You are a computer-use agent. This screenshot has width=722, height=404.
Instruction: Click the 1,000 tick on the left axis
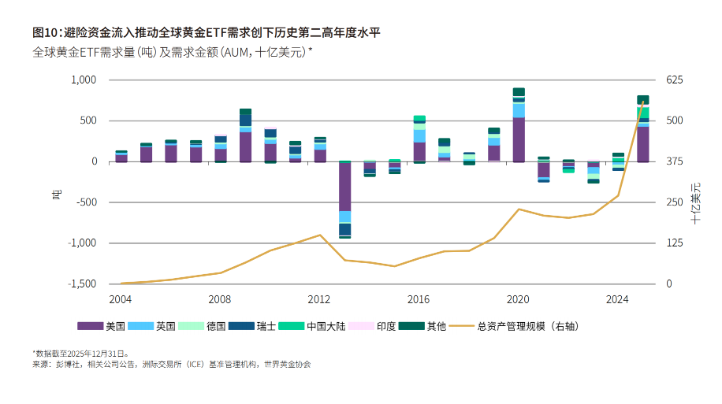83,80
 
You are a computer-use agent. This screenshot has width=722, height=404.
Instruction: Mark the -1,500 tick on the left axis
81,284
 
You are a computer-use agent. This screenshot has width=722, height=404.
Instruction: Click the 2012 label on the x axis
319,299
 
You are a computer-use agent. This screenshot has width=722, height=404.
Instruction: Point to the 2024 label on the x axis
617,299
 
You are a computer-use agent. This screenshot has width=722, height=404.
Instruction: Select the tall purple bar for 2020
519,139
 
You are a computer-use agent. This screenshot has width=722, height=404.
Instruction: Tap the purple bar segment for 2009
245,146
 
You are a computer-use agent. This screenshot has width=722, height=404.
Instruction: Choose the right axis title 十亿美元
697,203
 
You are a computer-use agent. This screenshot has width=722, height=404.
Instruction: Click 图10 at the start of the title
46,32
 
